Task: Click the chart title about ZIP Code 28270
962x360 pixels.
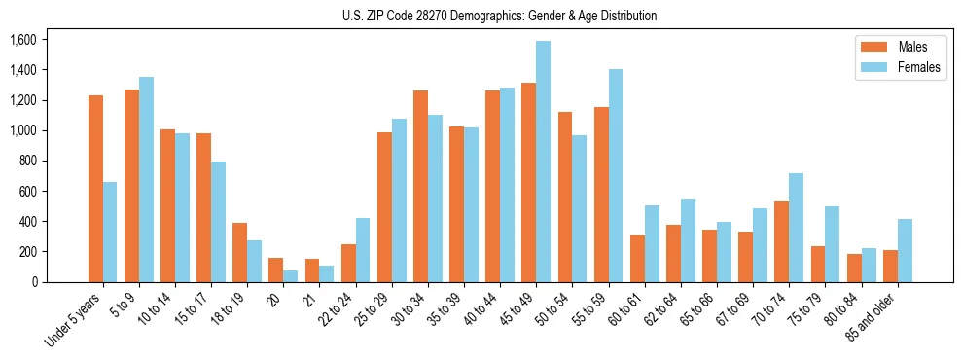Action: (x=499, y=16)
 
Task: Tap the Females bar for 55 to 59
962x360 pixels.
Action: (x=616, y=175)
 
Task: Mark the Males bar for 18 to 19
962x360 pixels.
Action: (x=239, y=252)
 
